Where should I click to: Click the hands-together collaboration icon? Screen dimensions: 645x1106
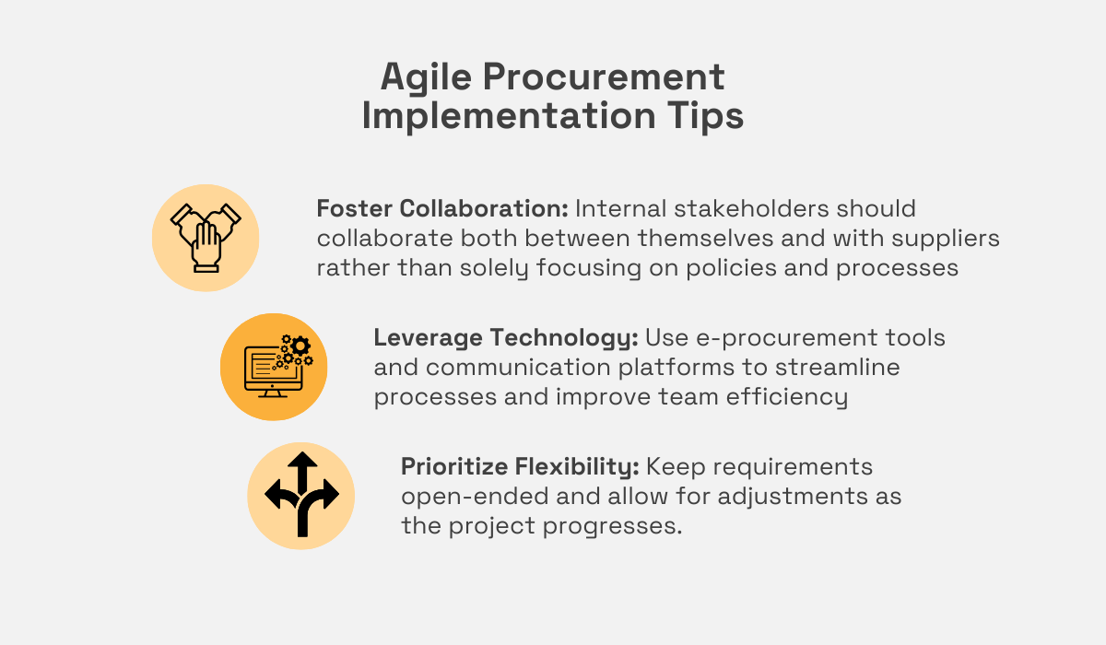(x=206, y=237)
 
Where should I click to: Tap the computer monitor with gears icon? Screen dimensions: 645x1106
(x=274, y=367)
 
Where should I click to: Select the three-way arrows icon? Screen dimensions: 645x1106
(x=300, y=496)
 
